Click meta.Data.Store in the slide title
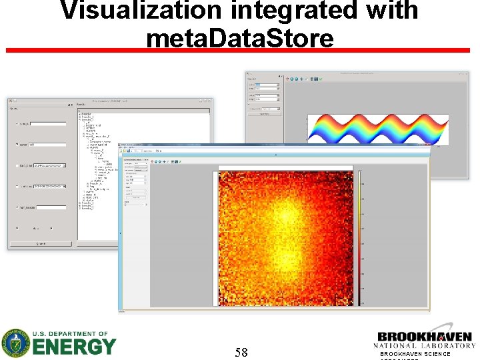click(239, 37)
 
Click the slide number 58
click(241, 352)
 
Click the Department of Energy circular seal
click(15, 343)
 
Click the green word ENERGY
click(73, 347)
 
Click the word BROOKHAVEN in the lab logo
click(425, 337)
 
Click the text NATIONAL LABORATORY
click(425, 346)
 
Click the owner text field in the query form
click(47, 145)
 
